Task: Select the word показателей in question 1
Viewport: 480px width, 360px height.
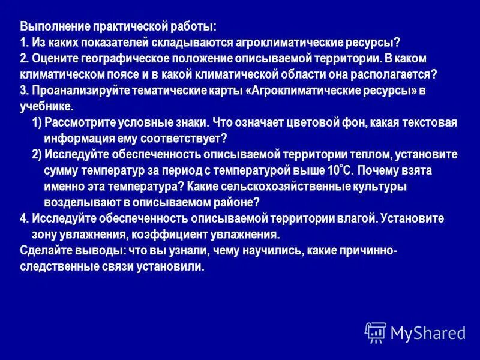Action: tap(124, 44)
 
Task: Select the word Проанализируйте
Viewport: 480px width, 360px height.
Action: tap(76, 91)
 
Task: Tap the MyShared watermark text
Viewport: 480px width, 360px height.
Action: tap(428, 332)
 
